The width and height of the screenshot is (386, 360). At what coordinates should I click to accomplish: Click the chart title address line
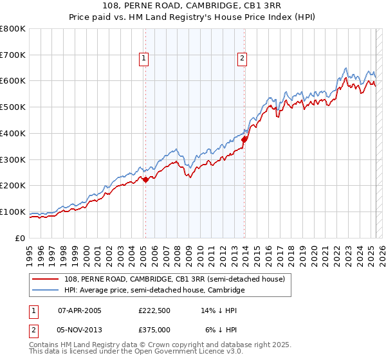pos(192,6)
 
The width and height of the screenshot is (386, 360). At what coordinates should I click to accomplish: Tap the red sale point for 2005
pos(145,179)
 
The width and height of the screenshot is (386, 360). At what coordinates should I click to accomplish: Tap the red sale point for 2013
pos(244,137)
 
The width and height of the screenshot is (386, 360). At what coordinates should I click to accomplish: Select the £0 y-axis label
pos(21,238)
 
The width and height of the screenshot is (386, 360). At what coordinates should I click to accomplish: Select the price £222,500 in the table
pos(154,310)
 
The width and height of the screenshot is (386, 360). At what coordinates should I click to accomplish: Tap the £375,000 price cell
pos(154,330)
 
